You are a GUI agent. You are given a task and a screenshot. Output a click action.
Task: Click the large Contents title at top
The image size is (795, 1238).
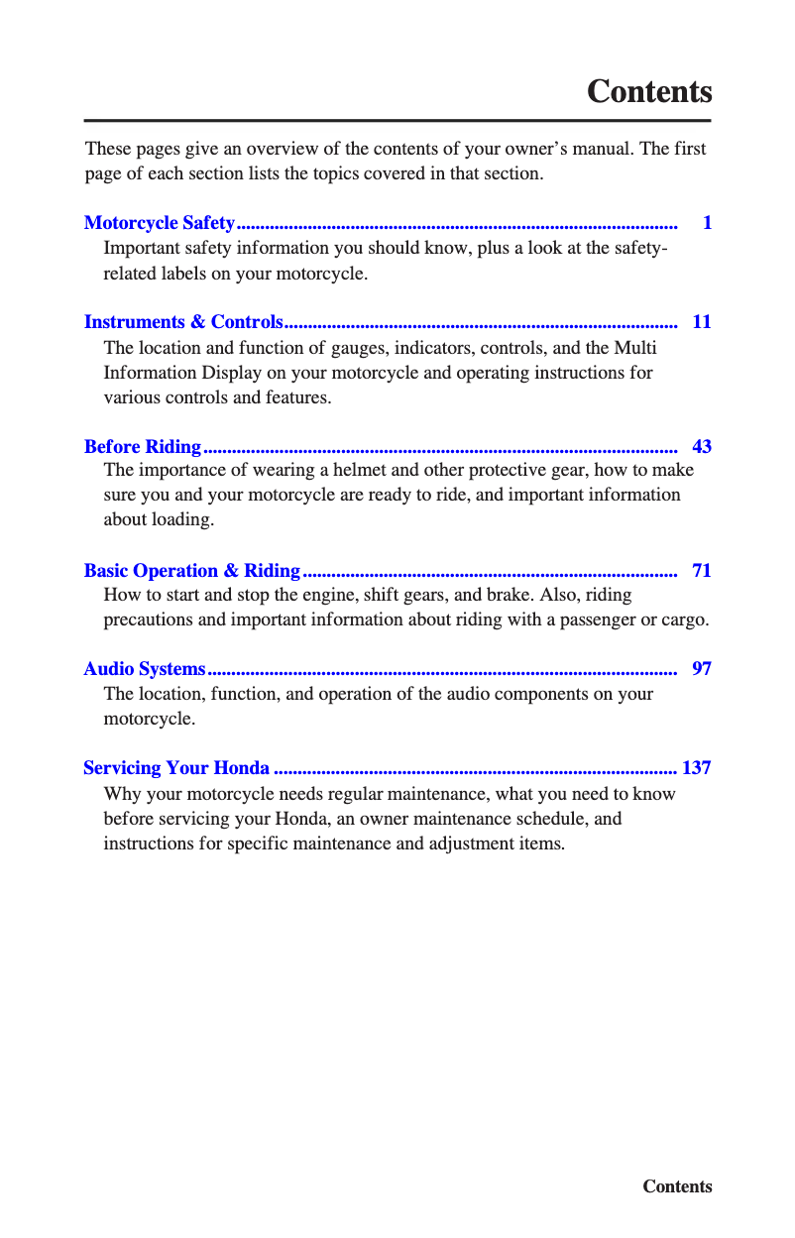coord(649,91)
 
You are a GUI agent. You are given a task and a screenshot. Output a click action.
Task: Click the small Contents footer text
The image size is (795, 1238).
coord(677,1186)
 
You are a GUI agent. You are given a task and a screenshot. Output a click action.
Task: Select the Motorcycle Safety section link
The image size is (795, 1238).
coord(160,223)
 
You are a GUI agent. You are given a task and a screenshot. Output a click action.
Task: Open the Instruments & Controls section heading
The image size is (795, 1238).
coord(183,322)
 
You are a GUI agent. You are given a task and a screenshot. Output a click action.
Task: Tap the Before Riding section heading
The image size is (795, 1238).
coord(143,446)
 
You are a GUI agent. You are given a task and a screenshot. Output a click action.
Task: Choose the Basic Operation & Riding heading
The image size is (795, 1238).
coord(192,570)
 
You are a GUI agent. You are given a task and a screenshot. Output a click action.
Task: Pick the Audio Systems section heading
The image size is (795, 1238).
coord(145,669)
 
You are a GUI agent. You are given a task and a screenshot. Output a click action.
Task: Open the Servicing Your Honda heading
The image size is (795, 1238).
coord(176,768)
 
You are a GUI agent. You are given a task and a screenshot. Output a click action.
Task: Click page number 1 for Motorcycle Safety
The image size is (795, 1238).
coord(707,223)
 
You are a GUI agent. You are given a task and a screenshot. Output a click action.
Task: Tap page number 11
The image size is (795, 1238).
coord(702,322)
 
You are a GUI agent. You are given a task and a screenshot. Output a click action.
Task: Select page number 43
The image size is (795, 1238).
coord(702,446)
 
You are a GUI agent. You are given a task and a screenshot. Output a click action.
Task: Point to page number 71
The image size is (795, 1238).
coord(702,570)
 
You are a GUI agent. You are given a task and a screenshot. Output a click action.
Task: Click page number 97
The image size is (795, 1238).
coord(702,669)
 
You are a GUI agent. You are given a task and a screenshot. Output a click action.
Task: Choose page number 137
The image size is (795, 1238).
coord(697,768)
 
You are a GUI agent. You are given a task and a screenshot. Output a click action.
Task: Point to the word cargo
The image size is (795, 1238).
coord(684,620)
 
